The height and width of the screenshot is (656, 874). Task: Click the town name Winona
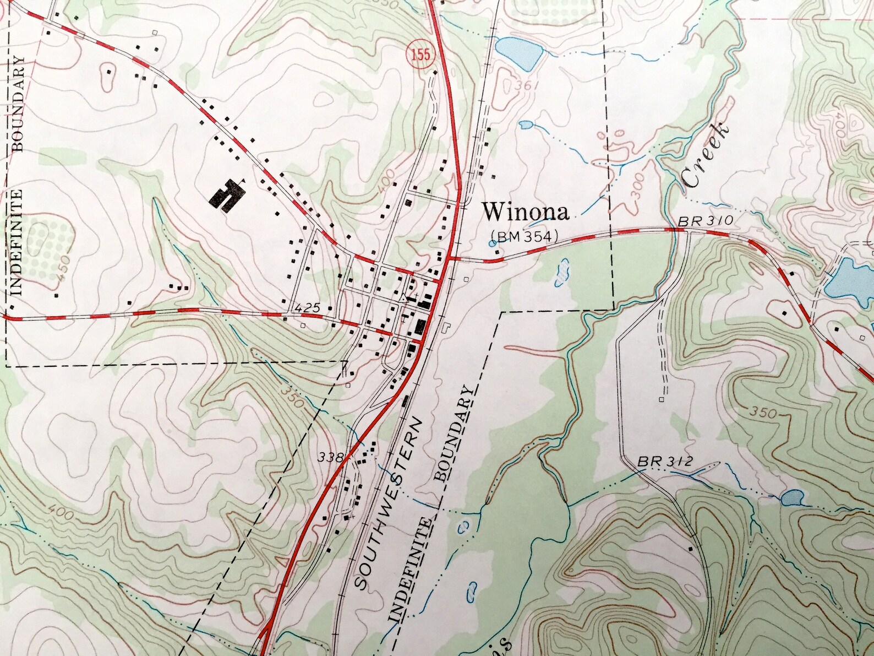525,212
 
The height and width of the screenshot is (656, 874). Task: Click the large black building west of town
226,194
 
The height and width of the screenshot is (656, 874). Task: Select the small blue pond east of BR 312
791,498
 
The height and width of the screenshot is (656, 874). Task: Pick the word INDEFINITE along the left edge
17,241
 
